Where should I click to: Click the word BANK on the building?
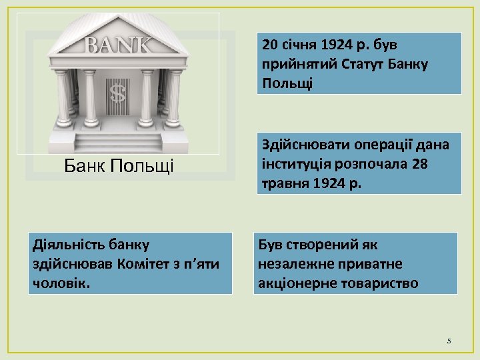[118, 45]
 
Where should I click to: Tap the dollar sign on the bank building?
[117, 93]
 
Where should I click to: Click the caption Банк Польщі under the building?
[119, 165]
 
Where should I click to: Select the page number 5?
[449, 341]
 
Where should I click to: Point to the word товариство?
[379, 283]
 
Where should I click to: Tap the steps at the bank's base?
[118, 142]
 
